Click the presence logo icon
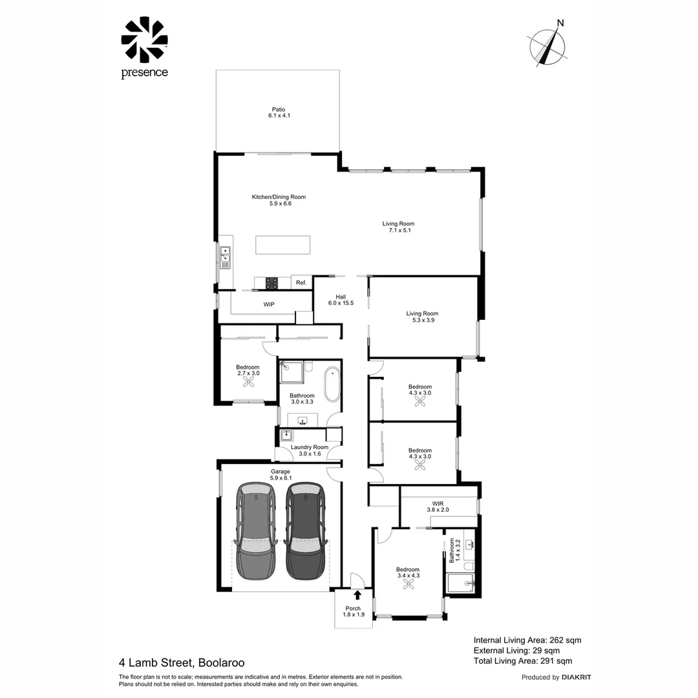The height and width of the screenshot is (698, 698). pos(144,39)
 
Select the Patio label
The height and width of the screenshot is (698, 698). pos(278,112)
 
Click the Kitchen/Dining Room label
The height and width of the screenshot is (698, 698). pos(279,200)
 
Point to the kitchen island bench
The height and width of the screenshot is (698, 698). pos(282,246)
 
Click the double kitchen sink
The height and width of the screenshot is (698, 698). pos(225,257)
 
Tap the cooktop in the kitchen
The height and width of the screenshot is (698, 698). pos(271,282)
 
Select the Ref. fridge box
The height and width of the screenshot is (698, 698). pos(301,282)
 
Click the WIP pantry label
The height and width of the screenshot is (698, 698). pos(270,303)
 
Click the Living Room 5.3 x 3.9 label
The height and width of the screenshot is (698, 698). pos(421,317)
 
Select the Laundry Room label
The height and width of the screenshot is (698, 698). pos(310,450)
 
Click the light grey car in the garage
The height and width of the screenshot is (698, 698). pos(257,531)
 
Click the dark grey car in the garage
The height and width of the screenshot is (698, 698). pos(306,531)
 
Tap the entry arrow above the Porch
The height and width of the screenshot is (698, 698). pos(357,595)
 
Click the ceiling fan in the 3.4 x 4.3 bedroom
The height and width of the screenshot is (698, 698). pos(408,584)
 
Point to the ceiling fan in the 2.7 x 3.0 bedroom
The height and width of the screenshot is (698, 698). pos(248,382)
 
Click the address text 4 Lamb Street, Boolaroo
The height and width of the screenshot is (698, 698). pos(182,662)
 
